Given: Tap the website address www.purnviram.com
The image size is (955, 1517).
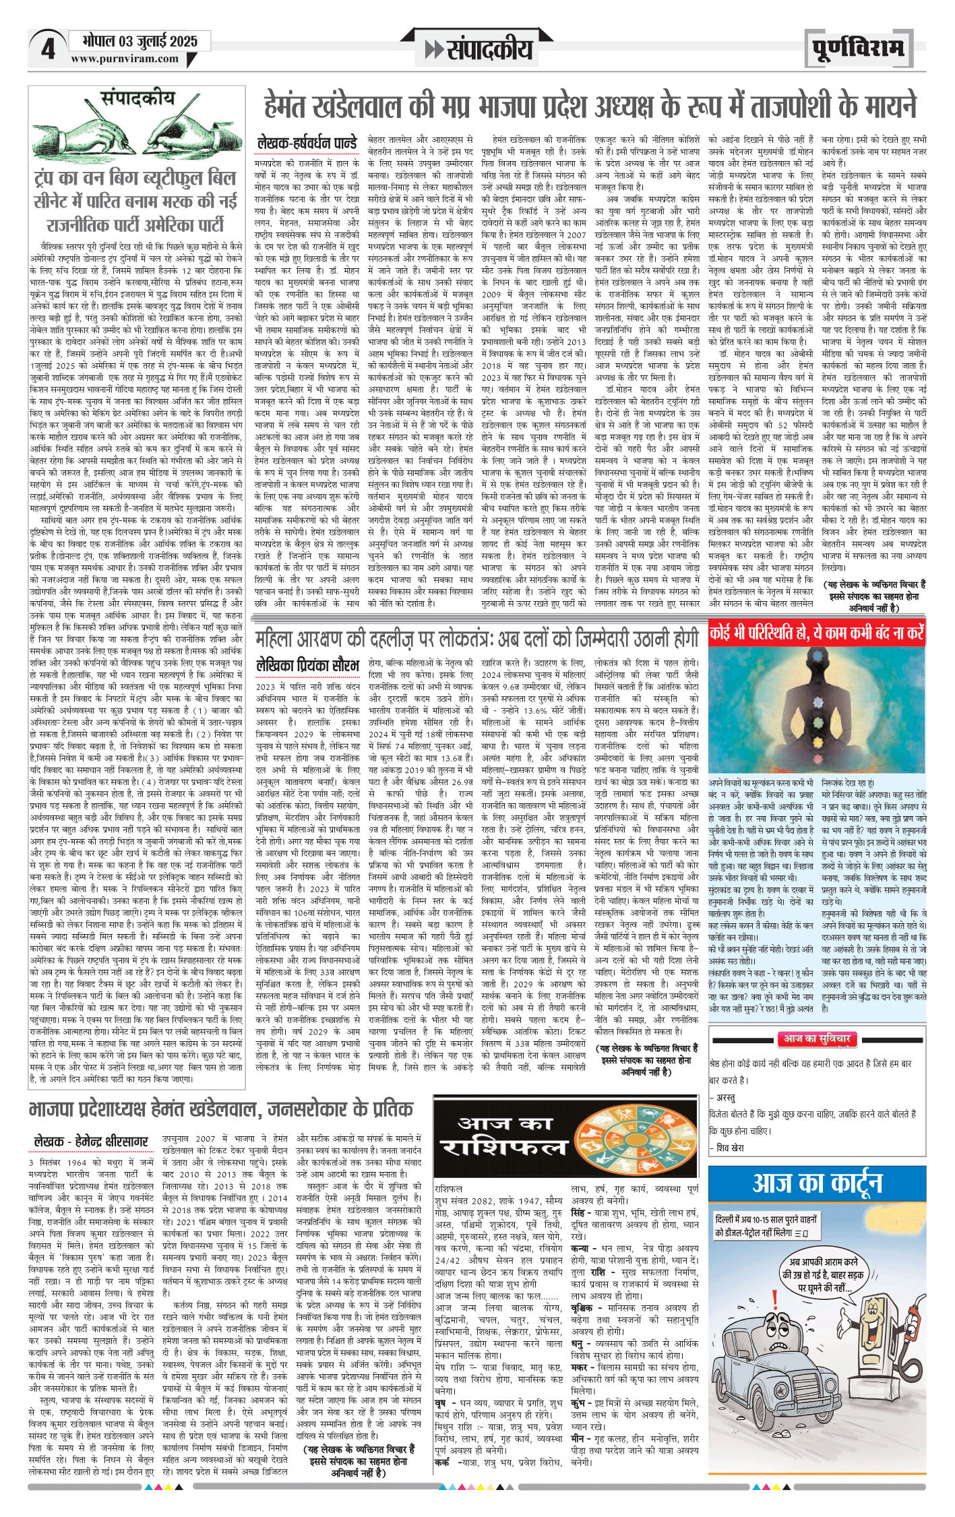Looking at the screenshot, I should [125, 59].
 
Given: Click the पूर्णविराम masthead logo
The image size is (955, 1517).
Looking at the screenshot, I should [857, 49].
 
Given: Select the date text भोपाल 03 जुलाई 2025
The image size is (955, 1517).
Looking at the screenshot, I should [140, 41].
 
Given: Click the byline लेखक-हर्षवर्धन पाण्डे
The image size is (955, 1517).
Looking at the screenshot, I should [307, 143].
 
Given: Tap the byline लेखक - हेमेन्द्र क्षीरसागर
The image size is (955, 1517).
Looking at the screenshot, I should [91, 1142].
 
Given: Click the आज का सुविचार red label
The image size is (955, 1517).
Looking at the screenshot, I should [816, 1039].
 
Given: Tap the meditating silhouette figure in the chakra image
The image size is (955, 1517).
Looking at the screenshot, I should [817, 714].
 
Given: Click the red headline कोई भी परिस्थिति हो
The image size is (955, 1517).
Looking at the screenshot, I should [816, 633].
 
